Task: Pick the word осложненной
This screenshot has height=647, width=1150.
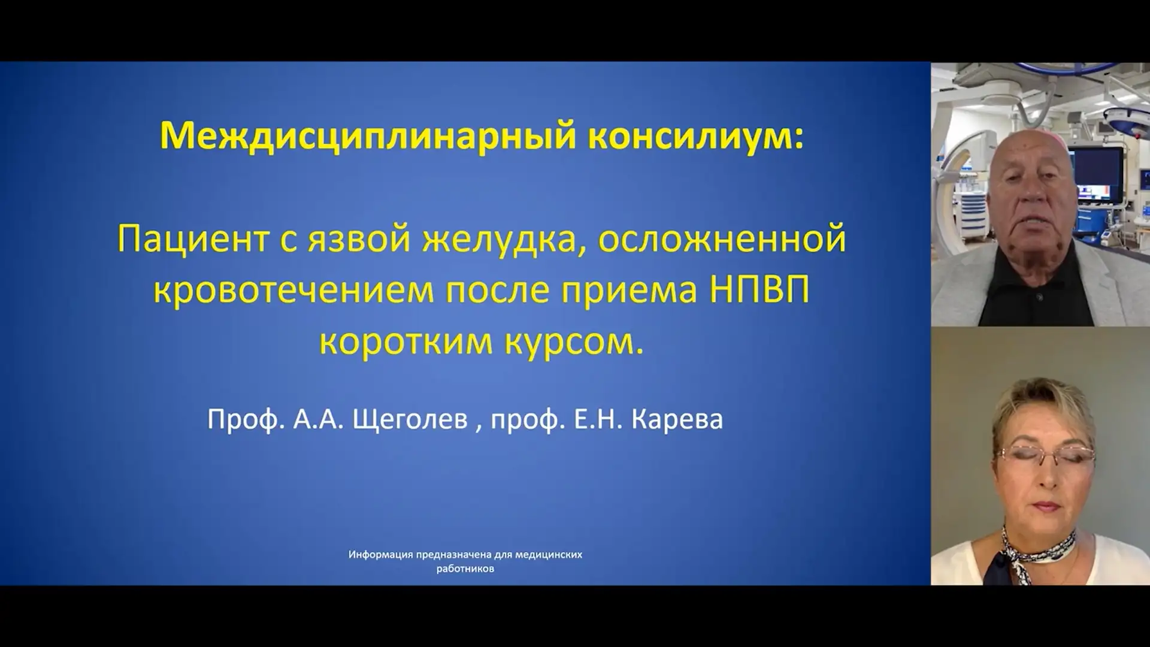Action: point(722,239)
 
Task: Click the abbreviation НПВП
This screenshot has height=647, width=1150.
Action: point(759,289)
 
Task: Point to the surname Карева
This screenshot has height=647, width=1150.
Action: point(677,419)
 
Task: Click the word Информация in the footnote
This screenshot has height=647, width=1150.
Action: point(381,555)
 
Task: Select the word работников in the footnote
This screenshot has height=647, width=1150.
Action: point(465,569)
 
